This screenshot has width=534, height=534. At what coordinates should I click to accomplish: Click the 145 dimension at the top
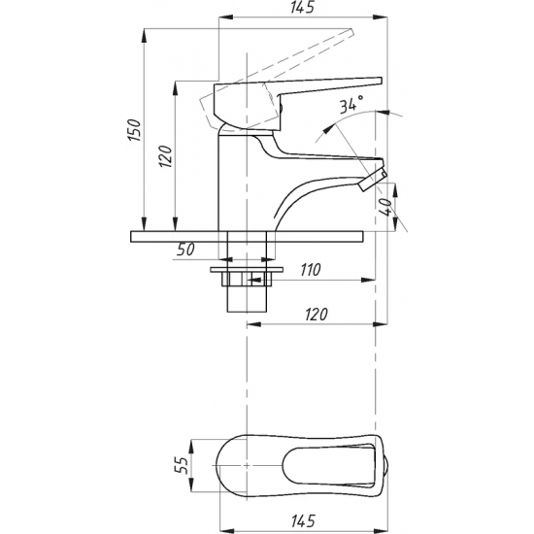[x=302, y=8]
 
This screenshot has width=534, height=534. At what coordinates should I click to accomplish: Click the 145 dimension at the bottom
[x=303, y=520]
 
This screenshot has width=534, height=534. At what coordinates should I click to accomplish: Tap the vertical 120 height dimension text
[x=166, y=156]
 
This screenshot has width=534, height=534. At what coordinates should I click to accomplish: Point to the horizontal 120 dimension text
[x=317, y=315]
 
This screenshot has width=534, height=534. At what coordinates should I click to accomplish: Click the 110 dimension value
[x=311, y=270]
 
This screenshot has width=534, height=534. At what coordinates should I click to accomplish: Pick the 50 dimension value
[x=186, y=250]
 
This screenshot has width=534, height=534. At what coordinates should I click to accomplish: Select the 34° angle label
[x=351, y=104]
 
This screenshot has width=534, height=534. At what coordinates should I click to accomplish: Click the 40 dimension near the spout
[x=385, y=207]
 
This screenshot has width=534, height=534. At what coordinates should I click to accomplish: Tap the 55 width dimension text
[x=182, y=465]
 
